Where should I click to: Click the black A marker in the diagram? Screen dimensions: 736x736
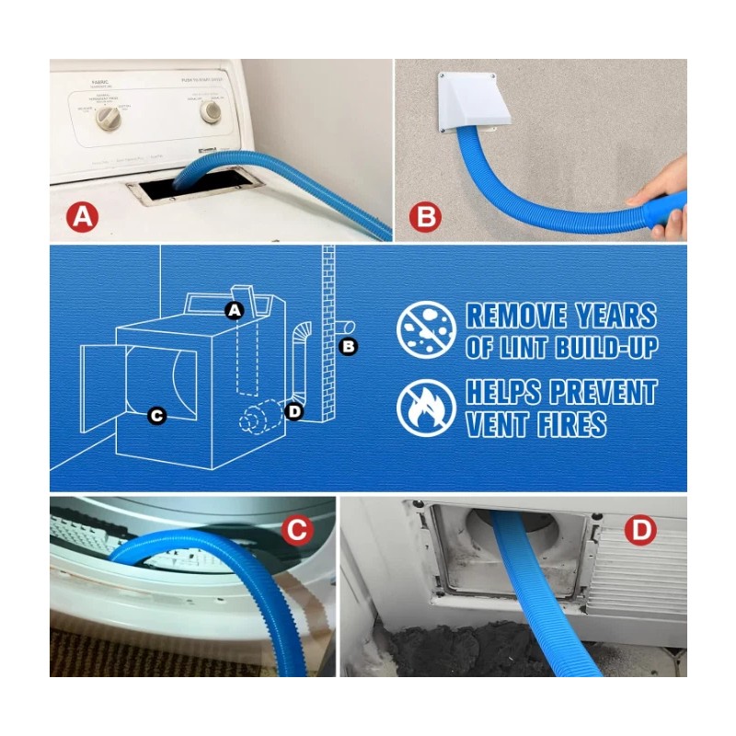[x=234, y=311]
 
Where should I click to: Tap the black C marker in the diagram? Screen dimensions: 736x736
[x=156, y=416]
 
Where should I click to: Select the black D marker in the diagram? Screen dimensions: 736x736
[x=293, y=410]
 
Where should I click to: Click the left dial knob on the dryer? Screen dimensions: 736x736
[x=109, y=116]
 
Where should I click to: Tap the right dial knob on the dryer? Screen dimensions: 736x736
[x=213, y=112]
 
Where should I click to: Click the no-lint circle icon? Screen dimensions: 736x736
[x=426, y=329]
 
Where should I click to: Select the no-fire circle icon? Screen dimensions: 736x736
[x=426, y=408]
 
